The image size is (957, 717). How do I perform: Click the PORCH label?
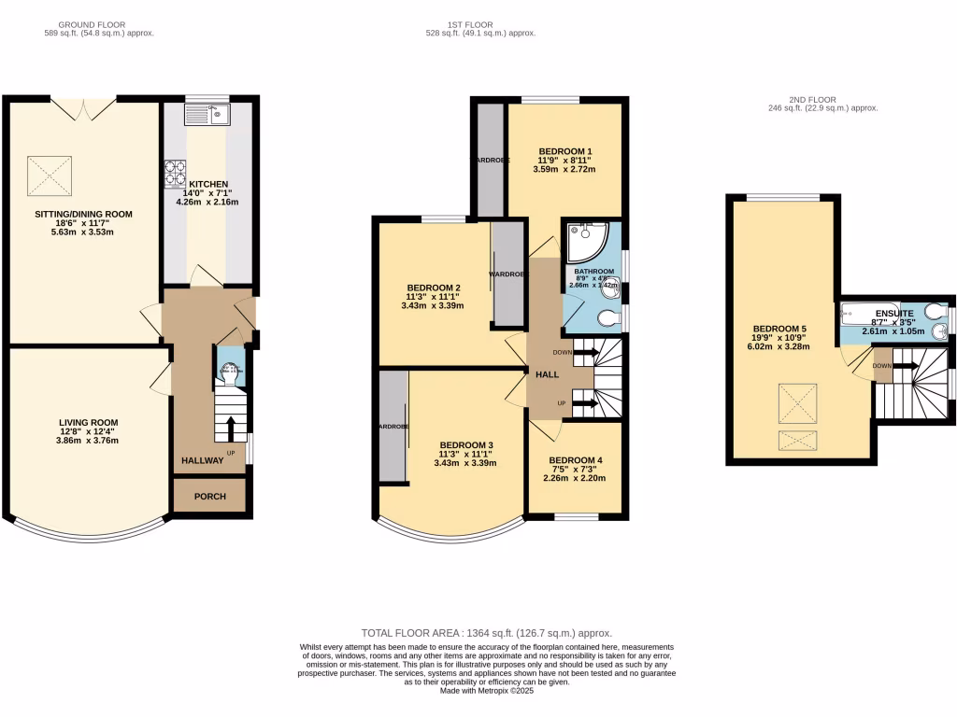pos(209,496)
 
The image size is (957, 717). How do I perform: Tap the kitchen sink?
pos(207,115)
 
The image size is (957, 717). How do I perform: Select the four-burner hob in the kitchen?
pos(176,174)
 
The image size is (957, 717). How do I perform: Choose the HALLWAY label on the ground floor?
pos(203,460)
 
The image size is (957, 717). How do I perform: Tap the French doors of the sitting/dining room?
pos(83,107)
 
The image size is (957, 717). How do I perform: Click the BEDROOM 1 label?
pos(564,151)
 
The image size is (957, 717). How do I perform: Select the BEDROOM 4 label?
pos(575,460)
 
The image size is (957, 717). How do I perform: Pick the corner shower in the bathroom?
pos(586,242)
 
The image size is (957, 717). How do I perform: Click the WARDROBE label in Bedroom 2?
pos(507,274)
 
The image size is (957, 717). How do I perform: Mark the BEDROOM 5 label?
pos(779,329)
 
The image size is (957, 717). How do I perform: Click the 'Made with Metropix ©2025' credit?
pos(486,691)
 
